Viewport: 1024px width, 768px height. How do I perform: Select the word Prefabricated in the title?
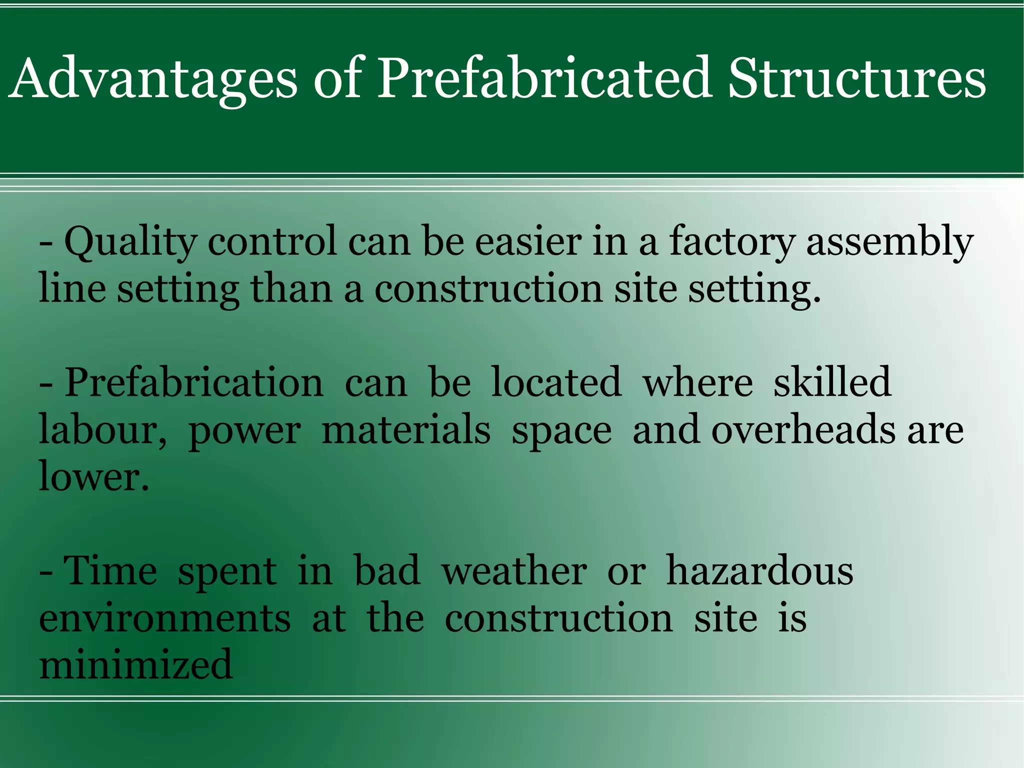point(543,79)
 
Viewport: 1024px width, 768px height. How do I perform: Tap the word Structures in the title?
point(856,79)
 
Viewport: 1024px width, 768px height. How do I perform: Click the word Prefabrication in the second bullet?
point(194,383)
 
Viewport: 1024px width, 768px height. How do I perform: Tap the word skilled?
point(832,383)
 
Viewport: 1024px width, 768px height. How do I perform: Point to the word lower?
point(93,476)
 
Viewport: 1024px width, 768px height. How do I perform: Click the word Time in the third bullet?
point(111,571)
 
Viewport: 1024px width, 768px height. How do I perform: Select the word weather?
point(514,571)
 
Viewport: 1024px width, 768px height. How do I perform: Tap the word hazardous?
point(759,571)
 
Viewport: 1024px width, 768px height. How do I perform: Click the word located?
point(556,383)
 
